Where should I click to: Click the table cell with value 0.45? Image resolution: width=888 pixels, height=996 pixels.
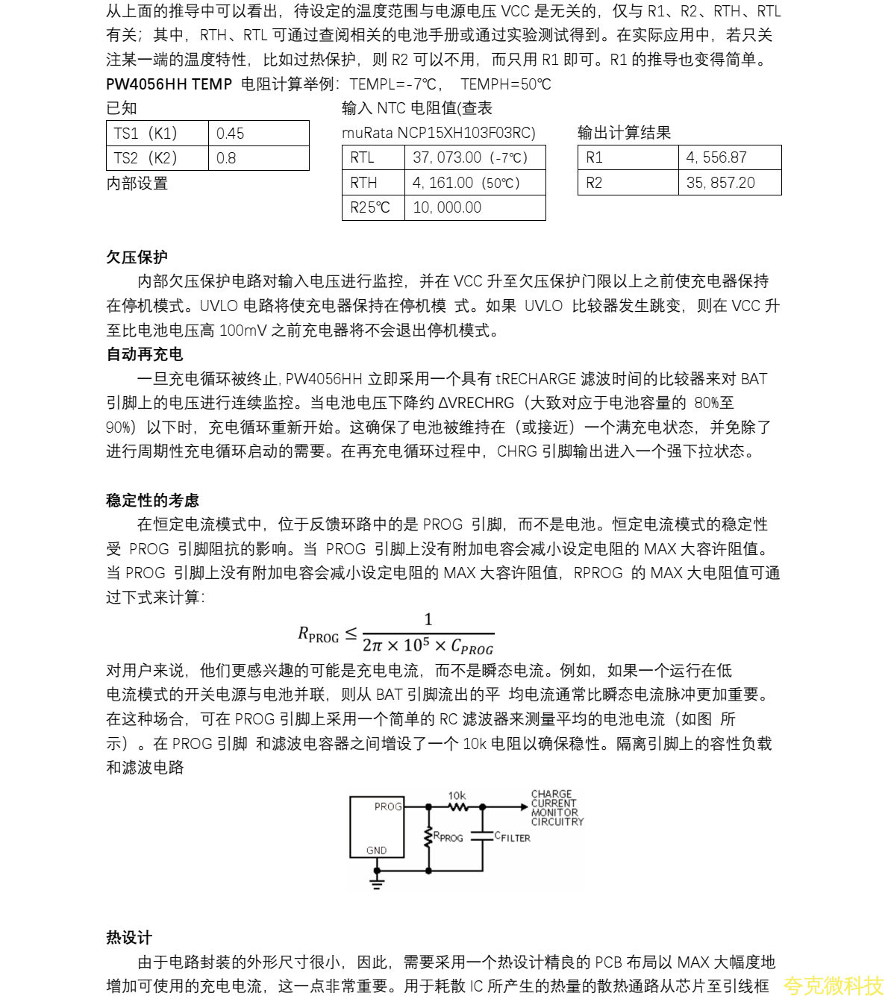258,134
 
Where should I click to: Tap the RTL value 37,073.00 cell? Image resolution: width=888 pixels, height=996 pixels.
475,157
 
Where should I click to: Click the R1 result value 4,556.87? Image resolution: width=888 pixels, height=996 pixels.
729,157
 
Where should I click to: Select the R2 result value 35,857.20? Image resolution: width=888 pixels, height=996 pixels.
729,183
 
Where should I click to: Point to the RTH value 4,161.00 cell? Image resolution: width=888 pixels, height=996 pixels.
475,183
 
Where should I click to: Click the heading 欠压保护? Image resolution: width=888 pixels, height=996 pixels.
137,257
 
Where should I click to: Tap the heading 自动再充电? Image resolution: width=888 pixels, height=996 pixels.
145,354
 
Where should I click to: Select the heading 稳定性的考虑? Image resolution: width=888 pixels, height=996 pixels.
153,501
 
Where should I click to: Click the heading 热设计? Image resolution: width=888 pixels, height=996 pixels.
129,938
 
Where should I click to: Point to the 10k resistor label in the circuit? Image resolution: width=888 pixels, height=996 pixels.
457,796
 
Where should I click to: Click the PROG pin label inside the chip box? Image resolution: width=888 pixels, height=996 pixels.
388,806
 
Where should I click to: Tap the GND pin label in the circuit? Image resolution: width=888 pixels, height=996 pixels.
377,851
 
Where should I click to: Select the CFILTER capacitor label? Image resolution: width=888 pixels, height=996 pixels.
513,837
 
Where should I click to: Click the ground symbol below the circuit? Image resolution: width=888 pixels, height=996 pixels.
377,882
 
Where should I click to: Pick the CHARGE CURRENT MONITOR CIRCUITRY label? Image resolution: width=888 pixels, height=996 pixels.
557,808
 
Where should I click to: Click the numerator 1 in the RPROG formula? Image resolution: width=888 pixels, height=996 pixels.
428,619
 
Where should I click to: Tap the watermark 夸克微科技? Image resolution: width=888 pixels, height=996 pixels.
833,985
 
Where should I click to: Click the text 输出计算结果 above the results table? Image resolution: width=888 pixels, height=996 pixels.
624,133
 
